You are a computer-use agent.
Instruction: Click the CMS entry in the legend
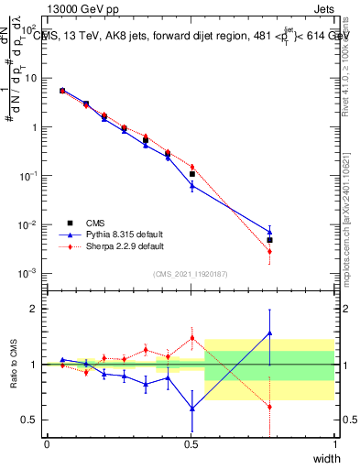pyautogui.click(x=82, y=222)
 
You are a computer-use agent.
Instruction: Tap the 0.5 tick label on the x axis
pyautogui.click(x=191, y=444)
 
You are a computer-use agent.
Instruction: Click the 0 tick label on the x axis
pyautogui.click(x=47, y=444)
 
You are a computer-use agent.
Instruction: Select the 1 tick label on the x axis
pyautogui.click(x=335, y=444)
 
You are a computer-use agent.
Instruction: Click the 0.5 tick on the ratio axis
pyautogui.click(x=28, y=420)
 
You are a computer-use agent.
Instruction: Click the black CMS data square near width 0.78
pyautogui.click(x=269, y=240)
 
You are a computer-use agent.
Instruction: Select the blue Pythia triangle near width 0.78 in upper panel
pyautogui.click(x=269, y=232)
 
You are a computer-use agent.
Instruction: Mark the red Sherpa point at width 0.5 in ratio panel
pyautogui.click(x=191, y=338)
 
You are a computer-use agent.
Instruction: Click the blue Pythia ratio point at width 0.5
pyautogui.click(x=191, y=408)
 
